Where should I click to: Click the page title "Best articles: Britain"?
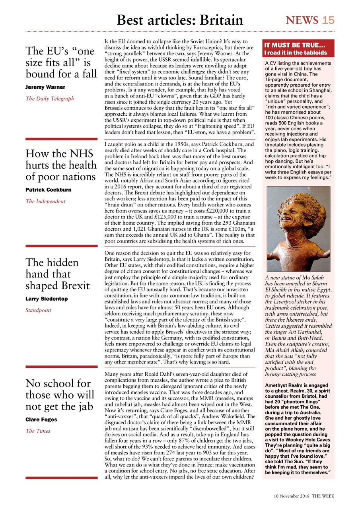click(180, 19)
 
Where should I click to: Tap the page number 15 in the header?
click(328, 20)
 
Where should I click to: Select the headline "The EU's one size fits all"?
click(61, 62)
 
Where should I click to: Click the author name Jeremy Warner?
click(45, 87)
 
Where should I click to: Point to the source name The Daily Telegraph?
click(50, 99)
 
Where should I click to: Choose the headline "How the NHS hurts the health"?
click(61, 165)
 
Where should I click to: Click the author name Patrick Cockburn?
click(49, 190)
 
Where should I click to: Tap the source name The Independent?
click(45, 201)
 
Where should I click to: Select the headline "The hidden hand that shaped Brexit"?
click(58, 274)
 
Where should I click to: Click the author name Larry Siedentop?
click(47, 299)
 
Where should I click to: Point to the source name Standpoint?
click(38, 310)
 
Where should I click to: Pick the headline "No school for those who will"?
click(60, 395)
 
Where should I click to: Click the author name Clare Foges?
click(41, 420)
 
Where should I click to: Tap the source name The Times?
click(38, 431)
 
